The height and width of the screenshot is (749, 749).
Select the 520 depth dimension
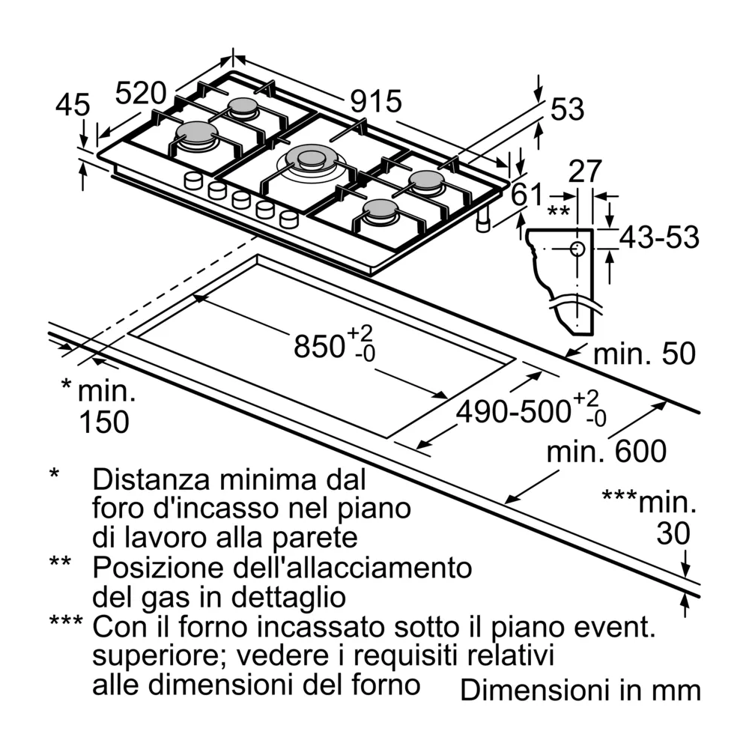pos(140,94)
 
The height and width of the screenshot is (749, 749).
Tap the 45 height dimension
pos(73,105)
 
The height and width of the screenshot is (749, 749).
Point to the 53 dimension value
pos(566,109)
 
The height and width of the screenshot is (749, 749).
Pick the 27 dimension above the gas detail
pos(585,172)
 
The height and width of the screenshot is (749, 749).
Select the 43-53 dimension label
pos(659,237)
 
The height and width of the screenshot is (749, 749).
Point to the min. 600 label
pos(606,452)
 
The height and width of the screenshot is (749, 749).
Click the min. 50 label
pos(644,354)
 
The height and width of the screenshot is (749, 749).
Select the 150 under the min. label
pos(104,422)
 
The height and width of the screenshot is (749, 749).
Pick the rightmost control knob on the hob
pos(288,219)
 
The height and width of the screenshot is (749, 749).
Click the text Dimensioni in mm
pos(580,690)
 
